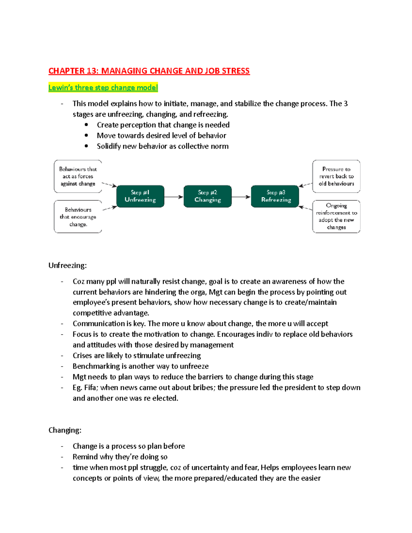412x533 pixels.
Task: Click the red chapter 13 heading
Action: coord(149,71)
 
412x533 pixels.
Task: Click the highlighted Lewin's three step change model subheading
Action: coord(103,88)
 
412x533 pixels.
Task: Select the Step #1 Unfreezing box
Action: coord(140,196)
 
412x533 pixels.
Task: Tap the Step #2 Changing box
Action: coord(207,196)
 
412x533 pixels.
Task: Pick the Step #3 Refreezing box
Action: coord(275,196)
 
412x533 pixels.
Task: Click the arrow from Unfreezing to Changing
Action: coord(174,197)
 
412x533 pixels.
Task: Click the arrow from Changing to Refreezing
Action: coord(241,197)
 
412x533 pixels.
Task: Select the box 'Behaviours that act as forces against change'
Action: coord(78,176)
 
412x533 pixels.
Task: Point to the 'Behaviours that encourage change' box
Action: coord(78,217)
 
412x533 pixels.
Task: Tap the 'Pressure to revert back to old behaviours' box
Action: coord(336,176)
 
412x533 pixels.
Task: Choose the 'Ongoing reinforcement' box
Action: coord(336,217)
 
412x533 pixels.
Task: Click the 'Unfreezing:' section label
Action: coord(68,266)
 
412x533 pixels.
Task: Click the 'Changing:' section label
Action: coord(65,430)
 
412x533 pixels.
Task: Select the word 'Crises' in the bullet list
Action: coord(82,356)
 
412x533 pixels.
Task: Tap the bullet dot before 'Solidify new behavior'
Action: coord(87,146)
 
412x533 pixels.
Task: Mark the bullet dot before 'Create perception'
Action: coord(87,125)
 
